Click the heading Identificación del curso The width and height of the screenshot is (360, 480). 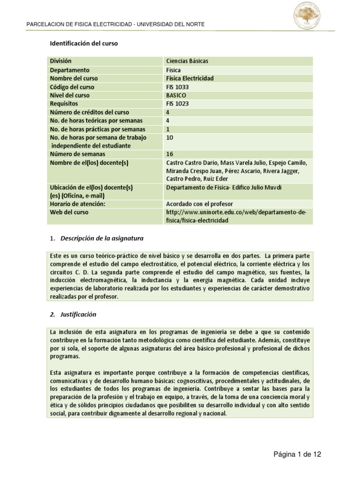(x=84, y=44)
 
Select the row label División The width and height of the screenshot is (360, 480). (x=61, y=61)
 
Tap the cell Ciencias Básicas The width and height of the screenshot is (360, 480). (x=187, y=61)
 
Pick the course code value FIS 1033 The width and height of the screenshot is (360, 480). (x=178, y=87)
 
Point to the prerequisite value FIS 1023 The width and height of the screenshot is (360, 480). (x=178, y=104)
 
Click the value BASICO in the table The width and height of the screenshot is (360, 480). (x=177, y=96)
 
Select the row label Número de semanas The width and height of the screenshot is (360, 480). (x=77, y=154)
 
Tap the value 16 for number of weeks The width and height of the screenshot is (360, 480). (x=170, y=154)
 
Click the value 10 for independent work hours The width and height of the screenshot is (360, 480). (x=170, y=138)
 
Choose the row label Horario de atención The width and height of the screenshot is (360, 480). (x=77, y=204)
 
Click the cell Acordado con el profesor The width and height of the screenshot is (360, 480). (x=200, y=204)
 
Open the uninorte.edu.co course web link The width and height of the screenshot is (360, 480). (x=237, y=217)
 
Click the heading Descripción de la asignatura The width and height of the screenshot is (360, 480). (x=102, y=239)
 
